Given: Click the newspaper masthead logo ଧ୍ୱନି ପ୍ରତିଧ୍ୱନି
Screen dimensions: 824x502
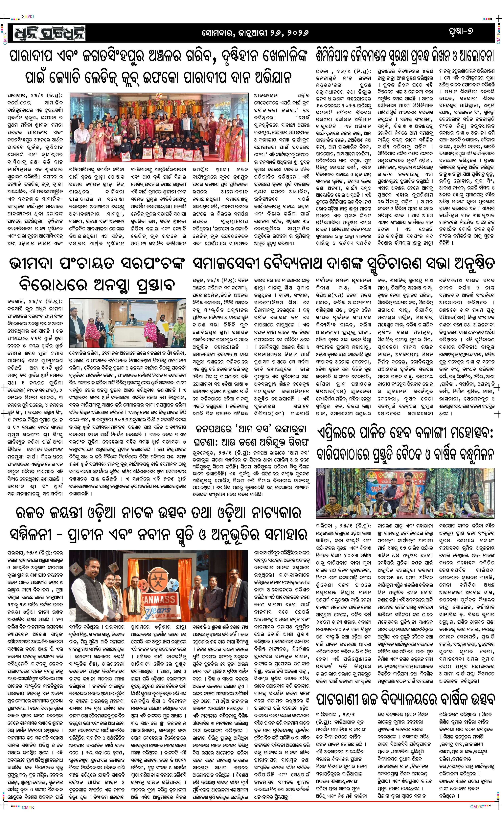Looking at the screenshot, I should [50, 33].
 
